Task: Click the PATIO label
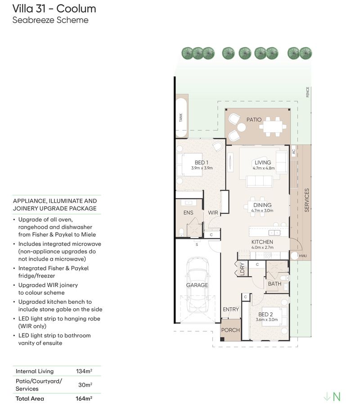click(x=254, y=120)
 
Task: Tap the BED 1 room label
click(x=202, y=162)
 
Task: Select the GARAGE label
click(x=197, y=285)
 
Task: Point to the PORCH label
click(x=230, y=330)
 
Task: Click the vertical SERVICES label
click(x=307, y=200)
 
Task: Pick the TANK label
click(x=181, y=117)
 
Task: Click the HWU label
click(x=303, y=256)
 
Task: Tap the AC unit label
click(x=293, y=151)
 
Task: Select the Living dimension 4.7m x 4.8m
click(x=264, y=168)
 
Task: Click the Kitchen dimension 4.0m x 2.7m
click(x=262, y=248)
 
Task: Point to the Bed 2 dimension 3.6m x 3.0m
click(x=267, y=320)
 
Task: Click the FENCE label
click(x=308, y=92)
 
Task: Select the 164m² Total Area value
click(x=84, y=398)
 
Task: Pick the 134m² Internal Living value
click(x=84, y=371)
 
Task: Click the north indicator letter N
click(x=337, y=396)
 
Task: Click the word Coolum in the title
click(x=76, y=9)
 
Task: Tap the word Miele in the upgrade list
click(x=88, y=234)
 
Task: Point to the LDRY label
click(x=243, y=269)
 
